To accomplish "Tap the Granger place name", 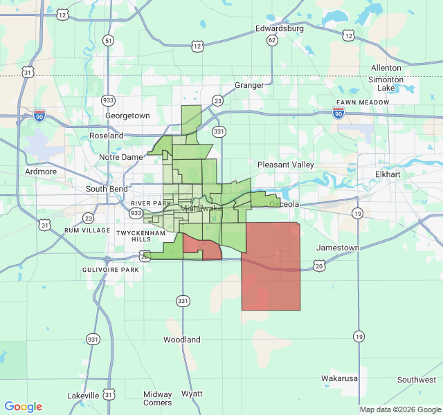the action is pos(249,85).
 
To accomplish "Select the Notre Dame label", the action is pos(121,157).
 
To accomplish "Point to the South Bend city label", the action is pos(107,189).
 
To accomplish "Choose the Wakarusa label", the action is pos(339,378).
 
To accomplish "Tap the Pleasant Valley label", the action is pos(285,165).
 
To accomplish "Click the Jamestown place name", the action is pos(338,248).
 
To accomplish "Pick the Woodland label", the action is pos(182,340).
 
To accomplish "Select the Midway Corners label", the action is pos(158,398).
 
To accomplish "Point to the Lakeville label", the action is pos(83,396).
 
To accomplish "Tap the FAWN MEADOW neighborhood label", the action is pos(362,102).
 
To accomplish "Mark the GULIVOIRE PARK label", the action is pos(111,269).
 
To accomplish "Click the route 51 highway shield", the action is pos(108,41).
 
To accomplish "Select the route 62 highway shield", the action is pos(272,40).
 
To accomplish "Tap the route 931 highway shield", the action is pos(92,339).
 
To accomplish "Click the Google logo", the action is pos(24,407).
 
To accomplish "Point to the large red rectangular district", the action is pos(271,266).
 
